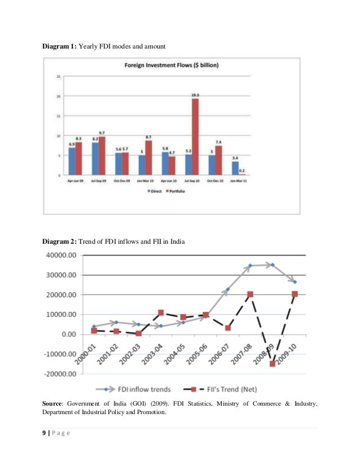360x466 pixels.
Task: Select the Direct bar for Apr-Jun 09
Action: (72, 161)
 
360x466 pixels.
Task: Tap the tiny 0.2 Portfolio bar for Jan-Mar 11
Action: (242, 175)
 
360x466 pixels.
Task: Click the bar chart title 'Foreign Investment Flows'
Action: (172, 65)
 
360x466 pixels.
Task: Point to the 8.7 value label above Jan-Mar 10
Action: (148, 137)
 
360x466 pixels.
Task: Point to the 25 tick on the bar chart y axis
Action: (59, 77)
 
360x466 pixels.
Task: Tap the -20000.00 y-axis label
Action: (58, 374)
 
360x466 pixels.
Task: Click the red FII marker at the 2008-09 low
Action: (272, 364)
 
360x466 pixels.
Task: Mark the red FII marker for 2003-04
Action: (161, 313)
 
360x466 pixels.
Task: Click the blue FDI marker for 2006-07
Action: (227, 289)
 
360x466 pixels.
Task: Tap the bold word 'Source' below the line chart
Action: (54, 403)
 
